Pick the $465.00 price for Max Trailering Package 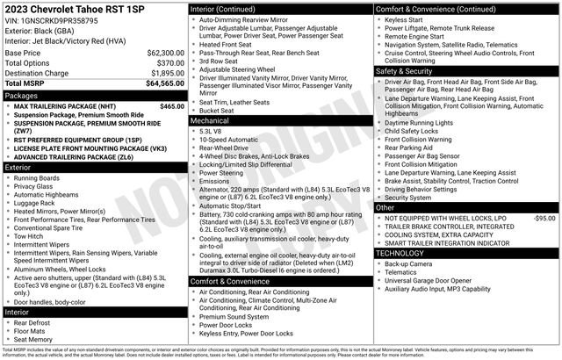tap(172, 105)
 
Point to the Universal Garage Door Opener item tap(433, 281)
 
